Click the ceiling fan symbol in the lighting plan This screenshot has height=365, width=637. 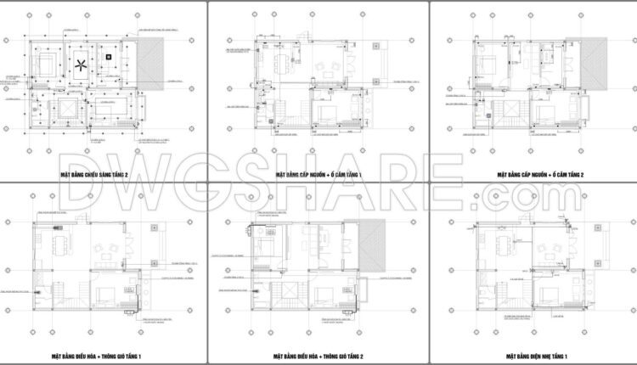(81, 66)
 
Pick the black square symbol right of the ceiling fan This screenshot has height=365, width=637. (110, 57)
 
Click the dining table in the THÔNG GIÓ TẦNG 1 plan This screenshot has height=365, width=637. (57, 248)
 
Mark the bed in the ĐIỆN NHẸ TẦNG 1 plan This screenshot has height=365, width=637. (544, 292)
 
